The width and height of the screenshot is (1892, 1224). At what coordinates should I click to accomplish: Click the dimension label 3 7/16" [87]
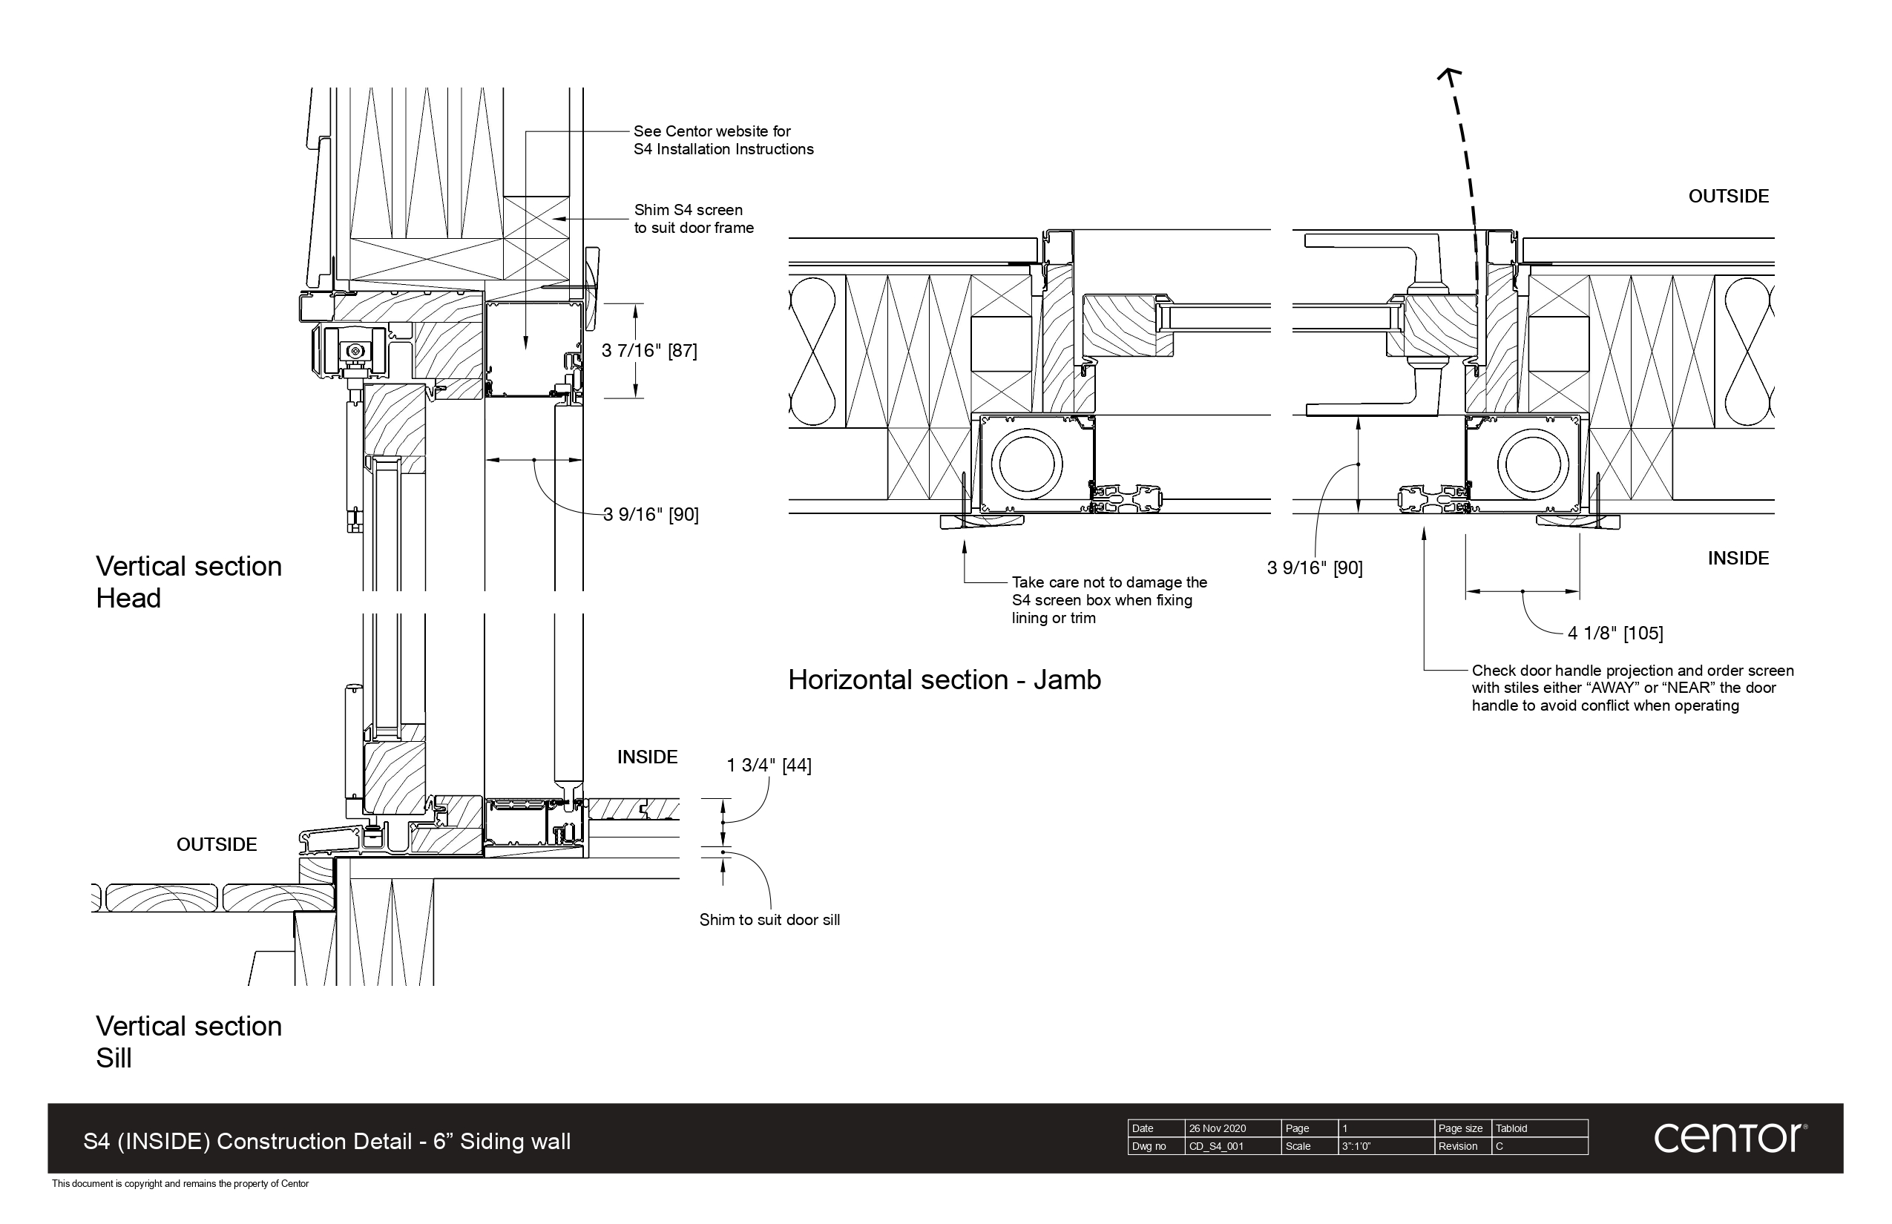click(x=648, y=350)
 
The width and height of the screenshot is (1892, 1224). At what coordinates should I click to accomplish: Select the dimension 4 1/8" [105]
click(x=1615, y=634)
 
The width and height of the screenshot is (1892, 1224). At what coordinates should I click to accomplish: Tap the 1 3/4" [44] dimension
click(x=769, y=766)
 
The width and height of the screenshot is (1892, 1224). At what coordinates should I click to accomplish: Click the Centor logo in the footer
click(x=1730, y=1138)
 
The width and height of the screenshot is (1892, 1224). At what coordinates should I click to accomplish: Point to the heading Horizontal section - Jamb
click(x=944, y=680)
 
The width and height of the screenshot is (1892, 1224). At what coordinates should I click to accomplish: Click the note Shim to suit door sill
click(x=769, y=921)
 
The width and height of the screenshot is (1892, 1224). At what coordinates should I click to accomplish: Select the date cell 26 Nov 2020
click(x=1217, y=1128)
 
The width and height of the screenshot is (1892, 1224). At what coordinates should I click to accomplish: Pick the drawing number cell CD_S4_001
click(x=1215, y=1146)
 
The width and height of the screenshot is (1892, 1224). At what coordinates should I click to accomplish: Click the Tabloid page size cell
click(x=1511, y=1128)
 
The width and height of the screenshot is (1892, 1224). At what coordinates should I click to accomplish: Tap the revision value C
click(x=1500, y=1146)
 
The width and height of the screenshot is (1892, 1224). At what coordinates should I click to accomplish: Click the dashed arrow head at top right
click(x=1450, y=76)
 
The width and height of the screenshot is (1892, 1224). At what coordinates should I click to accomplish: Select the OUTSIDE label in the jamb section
click(x=1728, y=197)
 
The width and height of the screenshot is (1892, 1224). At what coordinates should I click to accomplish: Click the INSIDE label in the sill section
click(x=647, y=757)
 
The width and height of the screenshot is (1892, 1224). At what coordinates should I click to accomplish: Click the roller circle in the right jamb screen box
click(x=1533, y=464)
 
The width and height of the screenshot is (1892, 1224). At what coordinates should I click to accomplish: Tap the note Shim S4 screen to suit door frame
click(x=693, y=220)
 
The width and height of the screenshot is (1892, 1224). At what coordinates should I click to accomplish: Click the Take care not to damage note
click(x=1108, y=600)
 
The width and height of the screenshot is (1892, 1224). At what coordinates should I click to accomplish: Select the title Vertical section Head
click(x=188, y=582)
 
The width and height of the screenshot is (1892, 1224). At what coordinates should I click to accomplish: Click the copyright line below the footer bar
click(x=180, y=1183)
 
